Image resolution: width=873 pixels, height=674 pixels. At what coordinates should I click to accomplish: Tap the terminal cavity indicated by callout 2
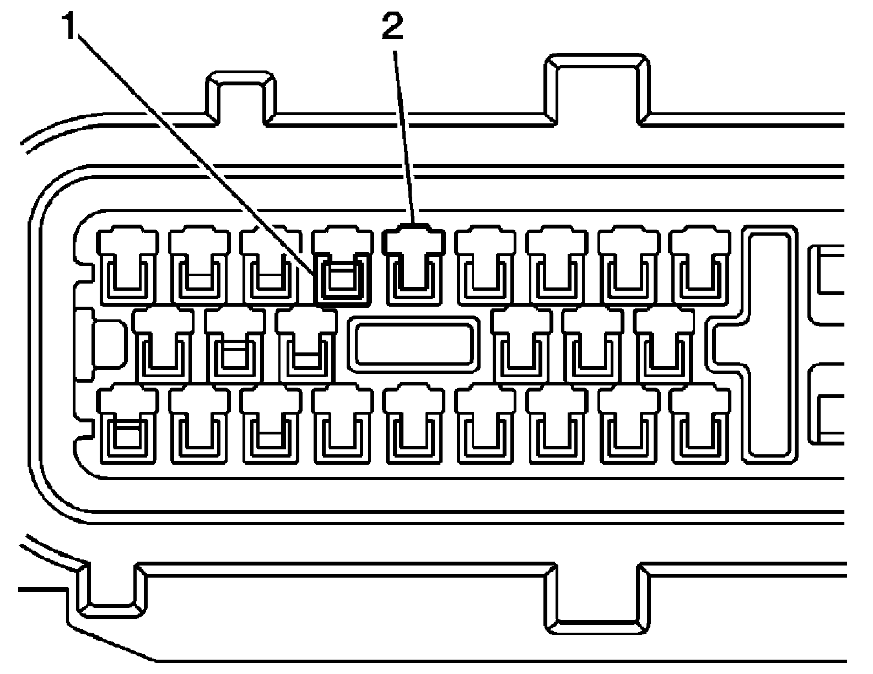coord(413,264)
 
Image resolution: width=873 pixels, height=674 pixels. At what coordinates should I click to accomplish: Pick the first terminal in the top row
coord(128,265)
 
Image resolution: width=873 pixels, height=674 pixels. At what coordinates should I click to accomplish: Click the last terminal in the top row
coord(700,265)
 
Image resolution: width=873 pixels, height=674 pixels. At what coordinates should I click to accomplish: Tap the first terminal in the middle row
coord(164,345)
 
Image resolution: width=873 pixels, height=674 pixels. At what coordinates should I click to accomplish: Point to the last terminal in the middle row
coord(665,345)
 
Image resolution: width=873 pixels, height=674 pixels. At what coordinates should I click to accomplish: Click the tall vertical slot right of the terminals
coord(770,344)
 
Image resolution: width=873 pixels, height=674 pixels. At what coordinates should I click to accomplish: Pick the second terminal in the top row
coord(199,265)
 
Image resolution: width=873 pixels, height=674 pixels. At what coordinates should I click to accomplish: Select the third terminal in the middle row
coord(306,345)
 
